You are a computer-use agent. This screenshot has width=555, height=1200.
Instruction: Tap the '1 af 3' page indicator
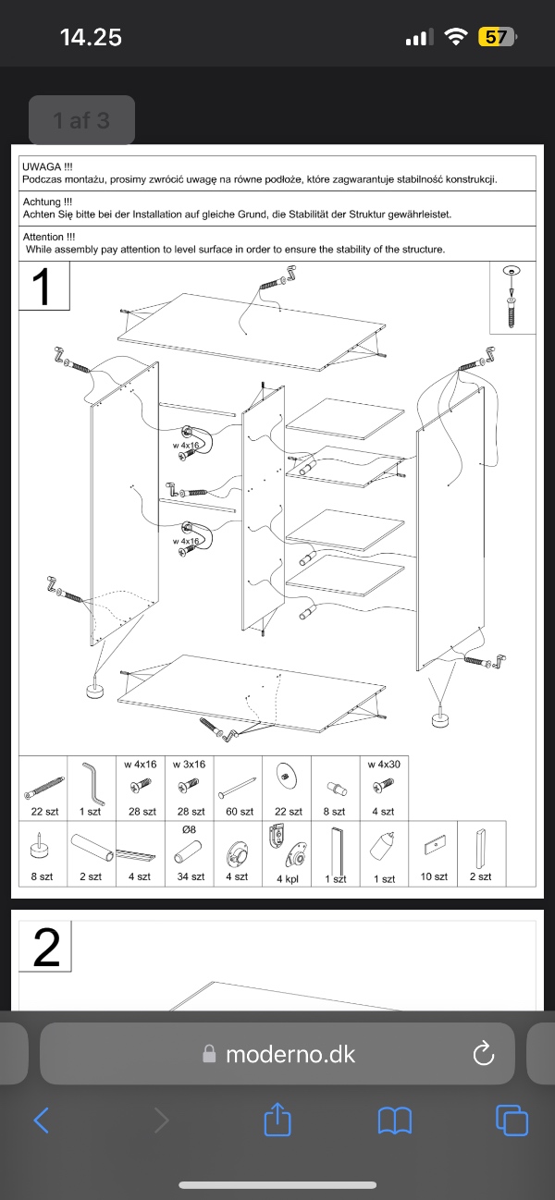[81, 120]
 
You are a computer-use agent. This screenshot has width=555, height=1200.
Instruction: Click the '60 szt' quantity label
[239, 812]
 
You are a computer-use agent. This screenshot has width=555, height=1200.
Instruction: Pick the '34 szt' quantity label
[191, 876]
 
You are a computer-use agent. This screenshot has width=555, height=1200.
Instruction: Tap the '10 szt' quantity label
[433, 876]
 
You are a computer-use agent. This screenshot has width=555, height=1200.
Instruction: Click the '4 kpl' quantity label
[287, 877]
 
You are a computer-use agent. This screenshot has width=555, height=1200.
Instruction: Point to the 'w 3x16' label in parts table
[189, 765]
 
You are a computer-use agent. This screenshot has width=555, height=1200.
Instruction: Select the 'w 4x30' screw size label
[383, 765]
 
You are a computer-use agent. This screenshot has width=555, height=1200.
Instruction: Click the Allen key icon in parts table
[92, 784]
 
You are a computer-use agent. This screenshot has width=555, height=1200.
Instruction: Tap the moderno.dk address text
[290, 1054]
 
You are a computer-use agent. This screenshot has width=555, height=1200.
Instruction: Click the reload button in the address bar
[482, 1053]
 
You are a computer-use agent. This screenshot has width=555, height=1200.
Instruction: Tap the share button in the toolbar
[277, 1120]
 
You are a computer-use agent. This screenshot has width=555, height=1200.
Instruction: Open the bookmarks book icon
[395, 1120]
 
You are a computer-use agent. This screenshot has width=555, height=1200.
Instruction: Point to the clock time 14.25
[91, 37]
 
